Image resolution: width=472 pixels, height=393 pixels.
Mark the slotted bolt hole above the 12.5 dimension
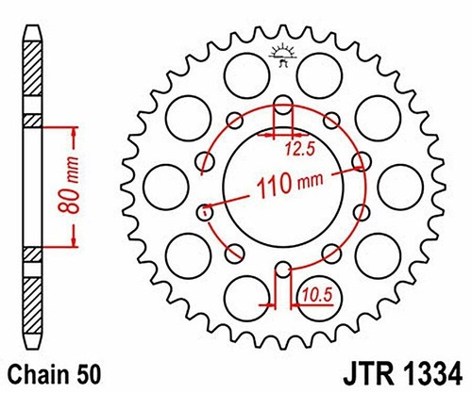[x=281, y=106]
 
